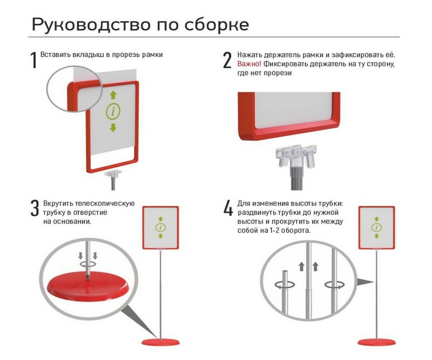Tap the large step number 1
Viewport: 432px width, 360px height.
pos(34,60)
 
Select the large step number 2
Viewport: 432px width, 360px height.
pos(227,60)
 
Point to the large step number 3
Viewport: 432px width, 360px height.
pos(35,209)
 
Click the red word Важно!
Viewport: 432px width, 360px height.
pos(249,64)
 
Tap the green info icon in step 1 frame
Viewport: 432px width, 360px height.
pos(113,112)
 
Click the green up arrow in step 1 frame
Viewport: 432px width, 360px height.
pos(113,95)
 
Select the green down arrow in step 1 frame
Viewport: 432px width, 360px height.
pos(113,127)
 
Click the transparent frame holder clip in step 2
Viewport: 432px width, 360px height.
pos(296,155)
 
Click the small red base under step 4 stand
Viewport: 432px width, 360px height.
pos(377,342)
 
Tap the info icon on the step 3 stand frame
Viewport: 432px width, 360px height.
pos(161,228)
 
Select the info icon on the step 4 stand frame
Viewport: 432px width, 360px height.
pos(377,228)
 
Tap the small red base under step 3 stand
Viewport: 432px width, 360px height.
pos(161,342)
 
